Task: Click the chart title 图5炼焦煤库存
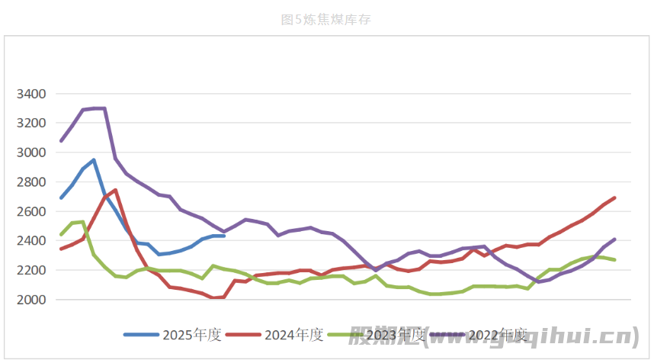[x=326, y=20]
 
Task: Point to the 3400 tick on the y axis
[x=31, y=94]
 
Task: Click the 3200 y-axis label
[x=31, y=123]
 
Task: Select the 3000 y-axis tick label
[x=31, y=153]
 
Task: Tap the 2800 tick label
[x=31, y=182]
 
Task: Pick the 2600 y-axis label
[x=31, y=211]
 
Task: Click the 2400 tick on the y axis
[x=31, y=241]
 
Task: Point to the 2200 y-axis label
[x=31, y=270]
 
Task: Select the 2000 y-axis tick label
[x=31, y=300]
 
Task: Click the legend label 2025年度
[x=192, y=335]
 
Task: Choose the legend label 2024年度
[x=294, y=335]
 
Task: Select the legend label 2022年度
[x=498, y=335]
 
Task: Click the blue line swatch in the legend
[x=142, y=335]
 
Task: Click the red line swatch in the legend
[x=244, y=335]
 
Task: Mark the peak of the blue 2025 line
[x=94, y=160]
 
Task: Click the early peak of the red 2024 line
[x=115, y=190]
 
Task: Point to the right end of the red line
[x=614, y=198]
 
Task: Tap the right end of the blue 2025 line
[x=223, y=236]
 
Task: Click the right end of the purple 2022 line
[x=614, y=239]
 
